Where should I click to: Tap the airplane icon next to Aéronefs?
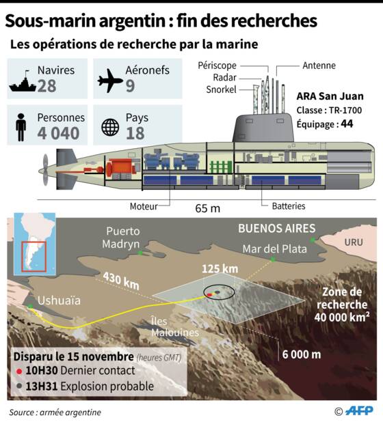[110, 81]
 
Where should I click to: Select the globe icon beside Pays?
[110, 127]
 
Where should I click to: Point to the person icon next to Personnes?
[21, 127]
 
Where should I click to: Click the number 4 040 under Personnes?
[58, 133]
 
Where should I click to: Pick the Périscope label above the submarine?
[217, 66]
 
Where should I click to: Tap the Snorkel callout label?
[222, 89]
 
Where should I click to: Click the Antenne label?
[319, 66]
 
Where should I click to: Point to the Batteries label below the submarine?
[289, 206]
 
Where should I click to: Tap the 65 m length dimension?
[208, 208]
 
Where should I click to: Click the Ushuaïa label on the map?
[59, 300]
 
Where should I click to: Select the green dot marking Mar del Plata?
[273, 259]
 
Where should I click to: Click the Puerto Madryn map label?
[121, 238]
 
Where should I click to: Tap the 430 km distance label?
[121, 281]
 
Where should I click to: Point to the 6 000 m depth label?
[302, 354]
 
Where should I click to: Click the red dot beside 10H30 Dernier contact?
[19, 371]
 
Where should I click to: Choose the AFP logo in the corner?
[359, 411]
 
